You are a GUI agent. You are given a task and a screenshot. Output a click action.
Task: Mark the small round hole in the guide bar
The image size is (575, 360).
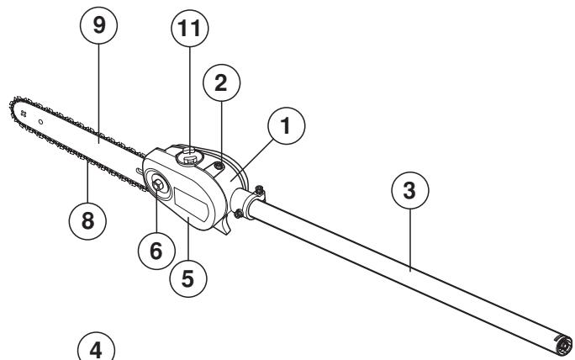[40, 123]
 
